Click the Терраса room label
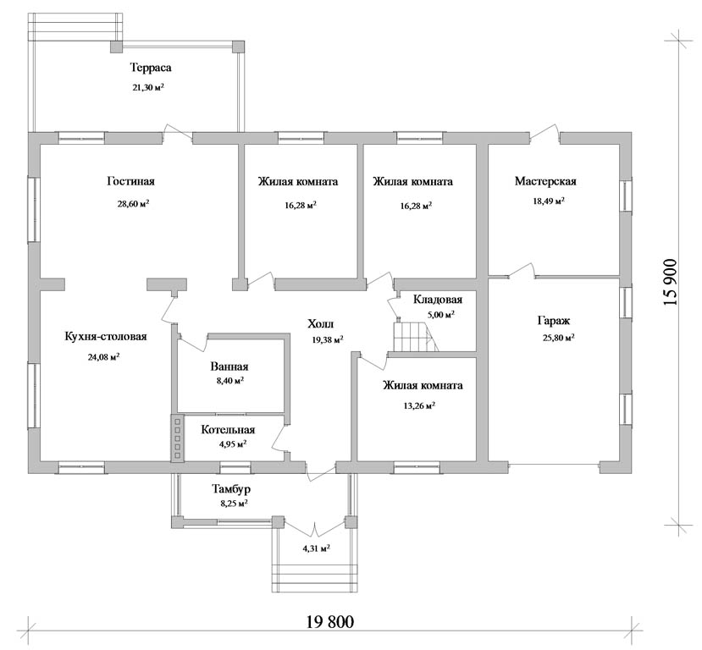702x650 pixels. click(x=151, y=68)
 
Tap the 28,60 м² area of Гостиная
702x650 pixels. click(x=134, y=204)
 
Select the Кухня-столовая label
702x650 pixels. click(x=106, y=336)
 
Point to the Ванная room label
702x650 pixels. click(x=229, y=366)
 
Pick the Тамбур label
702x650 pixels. click(x=231, y=489)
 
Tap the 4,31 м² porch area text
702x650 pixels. click(x=316, y=548)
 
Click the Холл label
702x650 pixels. click(x=321, y=323)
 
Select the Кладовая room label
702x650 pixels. click(x=438, y=300)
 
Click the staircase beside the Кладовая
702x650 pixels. click(x=415, y=336)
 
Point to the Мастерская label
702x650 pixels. click(x=545, y=181)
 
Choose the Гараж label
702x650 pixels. click(x=553, y=321)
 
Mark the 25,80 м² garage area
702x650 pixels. click(x=559, y=339)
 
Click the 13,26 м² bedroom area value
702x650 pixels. click(x=419, y=406)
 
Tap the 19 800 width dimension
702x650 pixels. click(x=330, y=622)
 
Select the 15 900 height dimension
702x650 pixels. click(x=670, y=283)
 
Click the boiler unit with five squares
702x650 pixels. click(x=178, y=438)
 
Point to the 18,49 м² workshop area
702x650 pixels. click(x=548, y=201)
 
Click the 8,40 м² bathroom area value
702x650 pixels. click(x=229, y=381)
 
